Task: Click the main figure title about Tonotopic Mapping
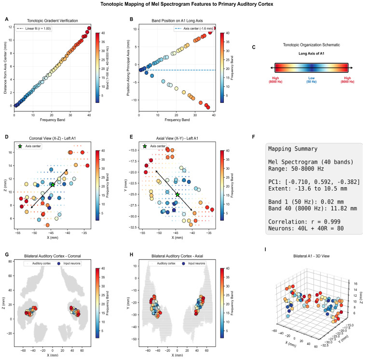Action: point(187,4)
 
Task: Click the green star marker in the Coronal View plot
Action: point(53,185)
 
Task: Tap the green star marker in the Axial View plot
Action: point(177,194)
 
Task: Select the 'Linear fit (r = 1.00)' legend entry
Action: point(34,28)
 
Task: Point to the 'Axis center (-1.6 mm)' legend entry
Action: point(193,28)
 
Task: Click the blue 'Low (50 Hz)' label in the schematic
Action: point(312,80)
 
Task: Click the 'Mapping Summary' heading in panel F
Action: point(293,149)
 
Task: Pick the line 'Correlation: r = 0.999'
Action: point(304,222)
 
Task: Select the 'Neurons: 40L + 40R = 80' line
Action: point(306,228)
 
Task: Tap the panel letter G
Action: point(7,255)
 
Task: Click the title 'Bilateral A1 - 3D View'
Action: point(311,256)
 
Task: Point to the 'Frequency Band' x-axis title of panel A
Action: point(53,120)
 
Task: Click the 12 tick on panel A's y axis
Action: point(10,27)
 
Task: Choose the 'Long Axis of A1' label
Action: point(311,54)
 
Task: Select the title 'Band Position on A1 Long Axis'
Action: point(177,21)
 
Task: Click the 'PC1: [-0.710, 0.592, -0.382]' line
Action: point(314,182)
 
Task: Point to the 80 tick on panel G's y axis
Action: point(10,261)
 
